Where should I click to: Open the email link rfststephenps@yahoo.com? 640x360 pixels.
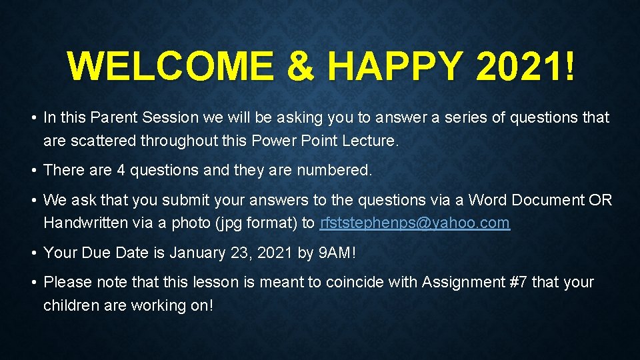click(415, 223)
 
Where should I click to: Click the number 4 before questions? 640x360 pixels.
click(121, 171)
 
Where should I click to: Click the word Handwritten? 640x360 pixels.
click(85, 223)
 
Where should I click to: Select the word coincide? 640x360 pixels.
click(354, 283)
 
